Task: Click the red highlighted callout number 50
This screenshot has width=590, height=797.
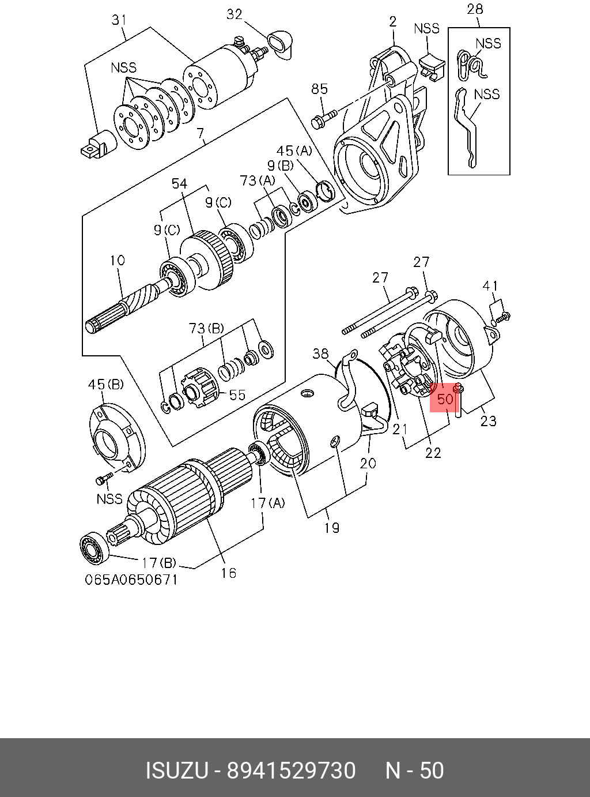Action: [445, 398]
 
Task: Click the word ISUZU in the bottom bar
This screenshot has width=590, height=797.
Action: [176, 770]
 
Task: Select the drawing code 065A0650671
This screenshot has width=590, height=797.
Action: [132, 579]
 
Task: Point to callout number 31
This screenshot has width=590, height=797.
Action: [119, 21]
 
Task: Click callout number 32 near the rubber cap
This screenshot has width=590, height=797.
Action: [235, 14]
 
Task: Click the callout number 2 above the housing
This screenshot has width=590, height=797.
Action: [393, 22]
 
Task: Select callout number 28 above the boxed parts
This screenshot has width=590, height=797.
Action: [475, 9]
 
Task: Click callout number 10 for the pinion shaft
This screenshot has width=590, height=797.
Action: [118, 261]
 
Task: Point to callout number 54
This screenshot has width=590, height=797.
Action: [179, 183]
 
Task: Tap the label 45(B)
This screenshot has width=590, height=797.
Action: [105, 384]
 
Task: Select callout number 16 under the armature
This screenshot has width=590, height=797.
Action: [229, 573]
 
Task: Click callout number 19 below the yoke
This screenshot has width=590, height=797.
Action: [332, 527]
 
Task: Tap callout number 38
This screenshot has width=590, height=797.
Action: [320, 353]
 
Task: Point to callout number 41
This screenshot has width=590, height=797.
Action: [490, 285]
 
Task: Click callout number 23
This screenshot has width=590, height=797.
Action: [488, 421]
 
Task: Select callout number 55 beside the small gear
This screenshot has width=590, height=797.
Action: [237, 395]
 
